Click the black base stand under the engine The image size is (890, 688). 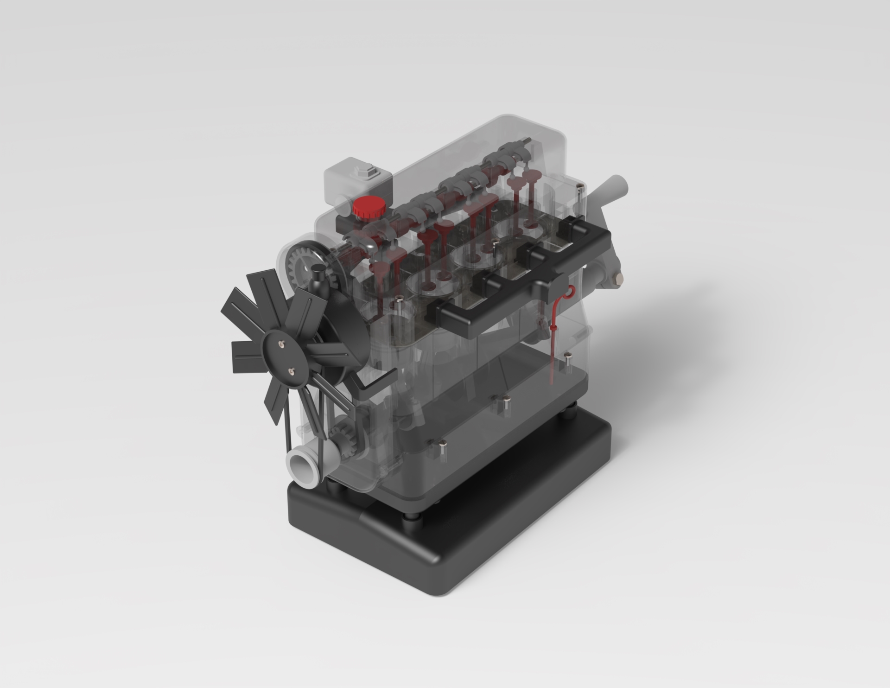[464, 538]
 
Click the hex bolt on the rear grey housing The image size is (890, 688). [618, 280]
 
